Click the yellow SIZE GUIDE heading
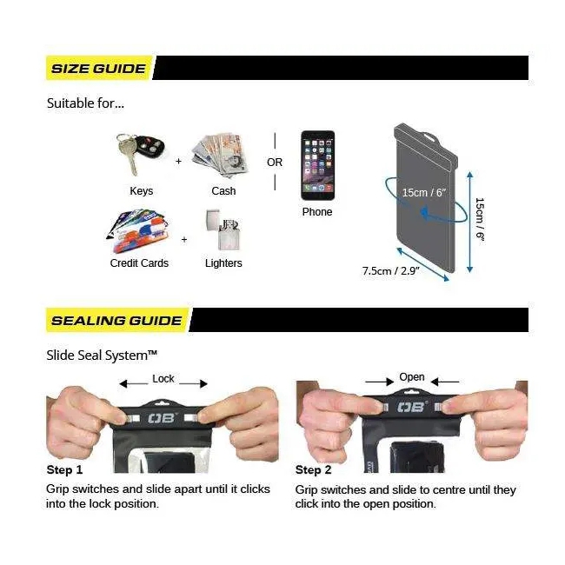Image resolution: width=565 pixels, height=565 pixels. tap(98, 68)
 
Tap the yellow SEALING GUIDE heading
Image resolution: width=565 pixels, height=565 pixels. tap(116, 321)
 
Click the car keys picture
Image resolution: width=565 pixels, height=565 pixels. tap(140, 154)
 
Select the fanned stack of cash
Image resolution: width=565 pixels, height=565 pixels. tap(221, 156)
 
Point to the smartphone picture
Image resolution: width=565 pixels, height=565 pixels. tap(317, 165)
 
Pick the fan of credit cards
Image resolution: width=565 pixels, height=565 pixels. tap(139, 230)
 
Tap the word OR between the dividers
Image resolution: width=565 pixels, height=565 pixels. tap(275, 163)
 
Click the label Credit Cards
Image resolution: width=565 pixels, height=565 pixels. tap(139, 263)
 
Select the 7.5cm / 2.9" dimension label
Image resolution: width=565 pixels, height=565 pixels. tap(391, 270)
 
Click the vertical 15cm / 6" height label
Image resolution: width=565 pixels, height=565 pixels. tap(480, 219)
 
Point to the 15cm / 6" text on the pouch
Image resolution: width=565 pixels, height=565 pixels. tap(424, 192)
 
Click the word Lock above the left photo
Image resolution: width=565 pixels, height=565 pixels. tap(163, 379)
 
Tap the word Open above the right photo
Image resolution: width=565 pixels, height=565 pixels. tap(412, 377)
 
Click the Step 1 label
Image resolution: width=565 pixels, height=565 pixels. tap(64, 470)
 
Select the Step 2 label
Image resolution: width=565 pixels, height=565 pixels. tap(313, 470)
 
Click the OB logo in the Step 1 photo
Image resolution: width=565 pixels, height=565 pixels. tap(162, 418)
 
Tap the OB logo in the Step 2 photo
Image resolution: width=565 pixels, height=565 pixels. tap(411, 407)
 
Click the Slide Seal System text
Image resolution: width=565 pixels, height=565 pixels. tap(102, 356)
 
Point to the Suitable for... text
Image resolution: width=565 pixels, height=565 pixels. tap(85, 103)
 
